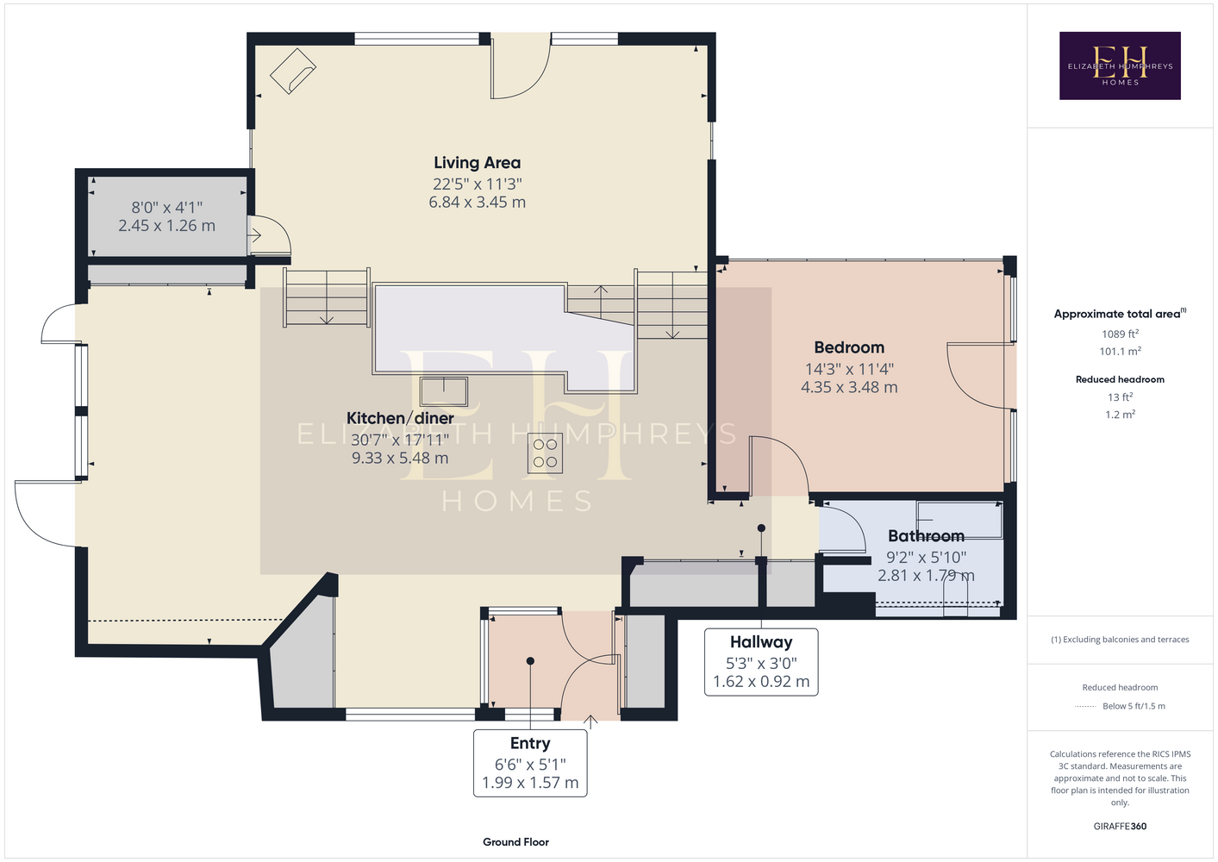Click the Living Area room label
(477, 163)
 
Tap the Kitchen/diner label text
(400, 418)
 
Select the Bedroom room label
(849, 347)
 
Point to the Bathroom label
(926, 536)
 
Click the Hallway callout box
(761, 662)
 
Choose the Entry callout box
(530, 763)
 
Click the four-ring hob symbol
(545, 453)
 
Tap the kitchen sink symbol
(444, 391)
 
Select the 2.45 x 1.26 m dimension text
(167, 226)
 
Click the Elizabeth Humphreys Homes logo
(1120, 66)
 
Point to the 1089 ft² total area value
(1120, 334)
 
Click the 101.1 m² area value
(1120, 352)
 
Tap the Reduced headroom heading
(1120, 379)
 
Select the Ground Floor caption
(516, 842)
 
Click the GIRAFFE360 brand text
(1120, 826)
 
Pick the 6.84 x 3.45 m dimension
(477, 203)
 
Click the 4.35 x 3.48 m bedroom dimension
(849, 387)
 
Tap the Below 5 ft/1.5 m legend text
(1134, 706)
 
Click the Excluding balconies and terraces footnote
(1120, 640)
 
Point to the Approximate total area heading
(1120, 314)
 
